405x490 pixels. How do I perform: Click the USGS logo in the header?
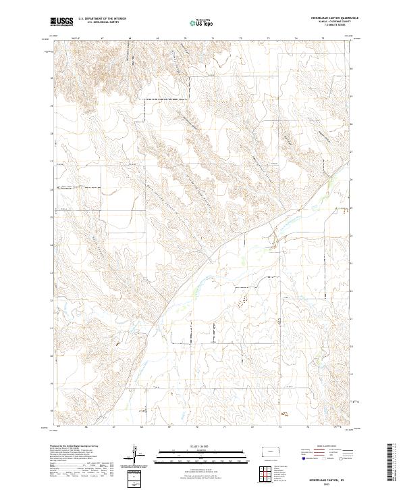coord(62,22)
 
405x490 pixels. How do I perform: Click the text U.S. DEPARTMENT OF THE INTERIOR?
coord(102,19)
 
